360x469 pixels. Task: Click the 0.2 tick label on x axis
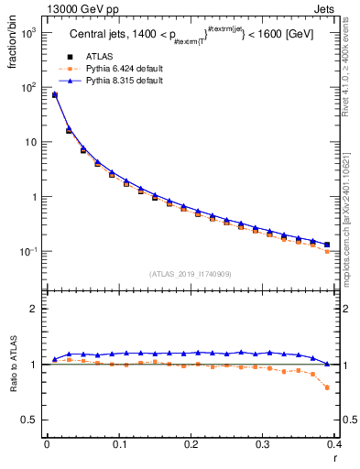(191, 445)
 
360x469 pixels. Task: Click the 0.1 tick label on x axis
(118, 445)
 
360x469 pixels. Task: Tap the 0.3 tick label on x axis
(263, 445)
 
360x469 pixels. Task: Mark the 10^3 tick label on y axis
(27, 32)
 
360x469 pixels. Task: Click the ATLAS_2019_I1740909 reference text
(191, 274)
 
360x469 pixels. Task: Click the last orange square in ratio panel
(328, 387)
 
